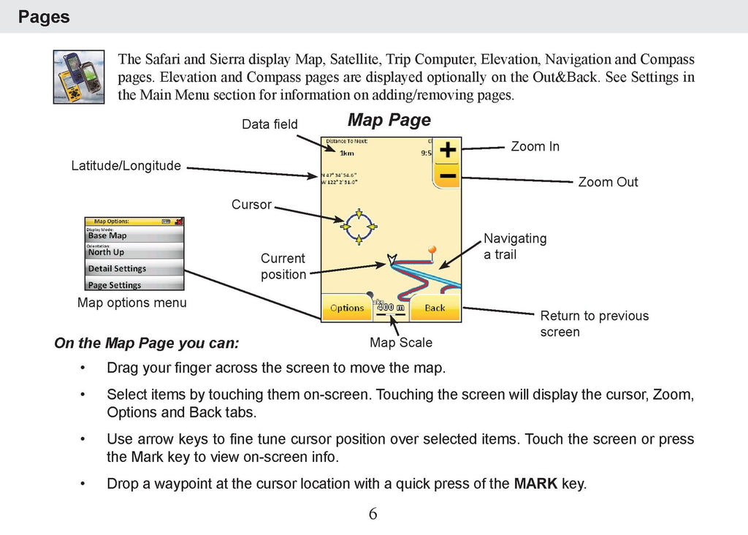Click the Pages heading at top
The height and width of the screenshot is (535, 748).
44,18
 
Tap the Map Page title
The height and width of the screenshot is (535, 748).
389,120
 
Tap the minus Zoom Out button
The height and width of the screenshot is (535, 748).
448,176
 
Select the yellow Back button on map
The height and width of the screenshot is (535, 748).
435,308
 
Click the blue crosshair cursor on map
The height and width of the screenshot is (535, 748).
358,227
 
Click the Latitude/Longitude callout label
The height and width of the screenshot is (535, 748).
126,166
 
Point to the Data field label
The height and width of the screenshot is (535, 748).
270,124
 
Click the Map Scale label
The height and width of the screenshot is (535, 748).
400,342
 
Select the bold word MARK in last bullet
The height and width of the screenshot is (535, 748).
536,483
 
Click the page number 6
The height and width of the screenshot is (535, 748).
373,514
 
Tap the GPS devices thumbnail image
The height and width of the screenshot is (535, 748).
81,77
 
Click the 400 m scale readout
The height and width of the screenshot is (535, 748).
391,308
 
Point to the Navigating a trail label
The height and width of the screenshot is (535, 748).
514,246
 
